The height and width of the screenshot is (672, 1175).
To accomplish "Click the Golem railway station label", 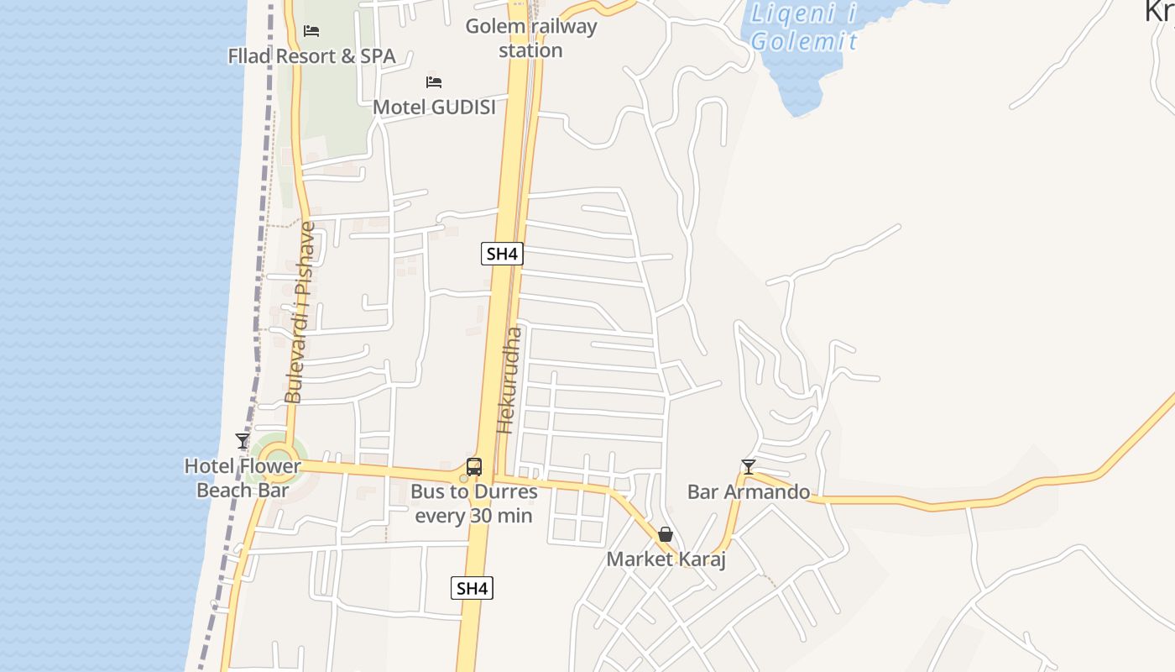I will point(531,38).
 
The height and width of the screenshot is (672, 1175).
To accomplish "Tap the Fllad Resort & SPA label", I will point(311,56).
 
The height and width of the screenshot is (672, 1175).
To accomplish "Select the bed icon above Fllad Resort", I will point(311,31).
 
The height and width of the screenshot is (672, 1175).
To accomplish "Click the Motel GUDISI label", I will point(434,107).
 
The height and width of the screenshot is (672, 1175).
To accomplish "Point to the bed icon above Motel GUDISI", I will point(434,81).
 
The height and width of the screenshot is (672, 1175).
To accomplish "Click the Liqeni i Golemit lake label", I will point(804,27).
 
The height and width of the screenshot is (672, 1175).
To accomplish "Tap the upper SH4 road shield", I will point(502,254).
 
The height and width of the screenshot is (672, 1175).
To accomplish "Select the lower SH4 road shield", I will point(472,588).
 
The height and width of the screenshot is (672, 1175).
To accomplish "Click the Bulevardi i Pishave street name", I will point(299,312).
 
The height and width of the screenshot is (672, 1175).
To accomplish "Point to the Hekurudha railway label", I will point(509,380).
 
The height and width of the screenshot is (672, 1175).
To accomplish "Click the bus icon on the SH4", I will point(474,467).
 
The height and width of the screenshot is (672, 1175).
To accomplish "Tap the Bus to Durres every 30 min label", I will point(474,503).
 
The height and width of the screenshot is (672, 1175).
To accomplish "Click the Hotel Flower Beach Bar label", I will point(243,478).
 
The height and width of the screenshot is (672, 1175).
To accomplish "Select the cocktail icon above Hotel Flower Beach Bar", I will point(243,441).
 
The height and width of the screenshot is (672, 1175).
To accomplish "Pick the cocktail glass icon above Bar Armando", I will point(749,466).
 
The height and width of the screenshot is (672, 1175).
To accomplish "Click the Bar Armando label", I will point(749,492).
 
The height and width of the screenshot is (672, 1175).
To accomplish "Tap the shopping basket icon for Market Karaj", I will point(666,534).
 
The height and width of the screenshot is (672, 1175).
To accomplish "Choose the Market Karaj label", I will point(666,559).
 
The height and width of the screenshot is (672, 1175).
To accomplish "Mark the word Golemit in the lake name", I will point(804,41).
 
